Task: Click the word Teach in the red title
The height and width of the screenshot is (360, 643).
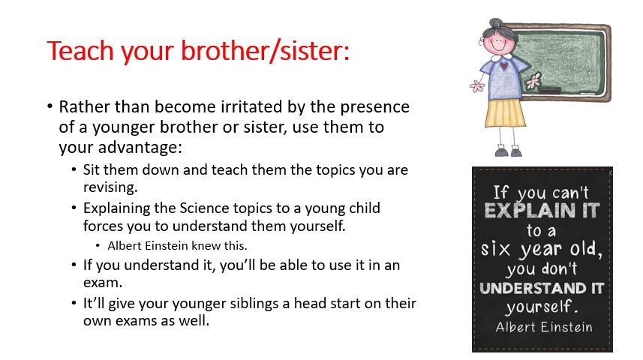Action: [80, 51]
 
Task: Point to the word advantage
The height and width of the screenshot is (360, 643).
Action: [140, 148]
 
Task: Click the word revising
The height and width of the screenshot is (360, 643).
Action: [110, 187]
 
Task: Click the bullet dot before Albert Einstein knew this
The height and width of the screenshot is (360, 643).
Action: [98, 245]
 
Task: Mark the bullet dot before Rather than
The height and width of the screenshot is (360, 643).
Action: [50, 106]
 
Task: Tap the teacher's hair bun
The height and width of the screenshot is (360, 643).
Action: [496, 23]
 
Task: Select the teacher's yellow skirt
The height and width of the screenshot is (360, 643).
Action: [505, 113]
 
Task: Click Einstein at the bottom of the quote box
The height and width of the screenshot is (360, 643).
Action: [566, 327]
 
